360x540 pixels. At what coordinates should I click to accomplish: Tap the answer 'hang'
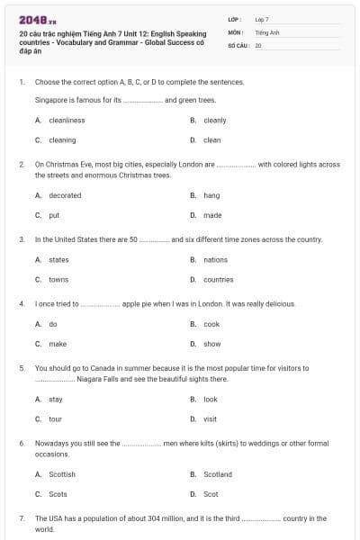(211, 195)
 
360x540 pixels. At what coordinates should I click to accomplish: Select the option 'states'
(58, 259)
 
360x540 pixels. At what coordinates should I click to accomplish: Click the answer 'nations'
(216, 259)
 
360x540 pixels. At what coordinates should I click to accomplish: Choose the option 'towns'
(58, 279)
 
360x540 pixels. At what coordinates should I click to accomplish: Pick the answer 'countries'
(219, 279)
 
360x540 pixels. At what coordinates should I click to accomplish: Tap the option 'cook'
(211, 324)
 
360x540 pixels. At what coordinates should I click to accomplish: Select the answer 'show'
(212, 344)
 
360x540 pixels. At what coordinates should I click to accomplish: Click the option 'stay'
(56, 399)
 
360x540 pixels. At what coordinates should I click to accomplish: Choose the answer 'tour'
(56, 418)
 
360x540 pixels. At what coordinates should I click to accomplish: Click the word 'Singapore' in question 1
(50, 100)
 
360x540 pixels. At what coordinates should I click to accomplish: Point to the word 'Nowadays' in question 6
(50, 443)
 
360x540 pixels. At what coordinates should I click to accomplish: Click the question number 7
(21, 518)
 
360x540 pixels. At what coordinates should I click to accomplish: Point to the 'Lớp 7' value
(262, 19)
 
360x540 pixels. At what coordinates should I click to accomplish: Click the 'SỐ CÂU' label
(238, 44)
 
